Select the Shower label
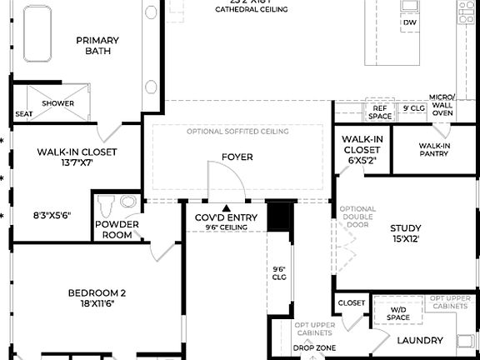tap(58, 103)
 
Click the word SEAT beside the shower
tap(24, 114)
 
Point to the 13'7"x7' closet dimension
tap(77, 164)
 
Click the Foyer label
tap(237, 157)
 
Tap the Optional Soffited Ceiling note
tap(237, 132)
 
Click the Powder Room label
tap(117, 229)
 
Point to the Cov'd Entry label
tap(226, 218)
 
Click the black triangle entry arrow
tap(226, 207)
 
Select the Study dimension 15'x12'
tap(405, 239)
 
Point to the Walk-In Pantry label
tap(434, 150)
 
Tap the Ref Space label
tap(381, 112)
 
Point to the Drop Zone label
tap(314, 347)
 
